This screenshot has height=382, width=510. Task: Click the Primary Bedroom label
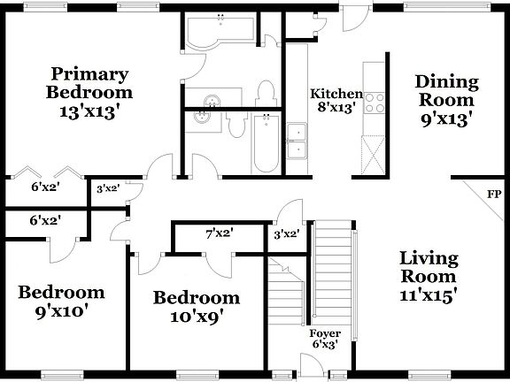(89, 92)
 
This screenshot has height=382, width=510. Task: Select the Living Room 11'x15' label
(428, 277)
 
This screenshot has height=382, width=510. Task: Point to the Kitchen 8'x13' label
(336, 101)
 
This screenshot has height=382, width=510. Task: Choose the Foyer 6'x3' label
(325, 340)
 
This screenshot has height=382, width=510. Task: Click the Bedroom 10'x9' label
(196, 306)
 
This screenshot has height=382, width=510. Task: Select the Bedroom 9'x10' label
(61, 301)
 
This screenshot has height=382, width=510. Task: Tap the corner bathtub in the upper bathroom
(217, 33)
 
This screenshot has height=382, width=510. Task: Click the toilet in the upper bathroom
(264, 93)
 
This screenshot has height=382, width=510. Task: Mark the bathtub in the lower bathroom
(264, 143)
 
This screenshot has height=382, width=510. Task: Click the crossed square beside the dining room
(375, 153)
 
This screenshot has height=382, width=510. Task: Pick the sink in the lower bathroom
(205, 115)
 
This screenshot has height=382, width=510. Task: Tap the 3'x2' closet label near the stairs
(286, 235)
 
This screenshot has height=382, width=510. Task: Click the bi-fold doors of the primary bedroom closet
(45, 170)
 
